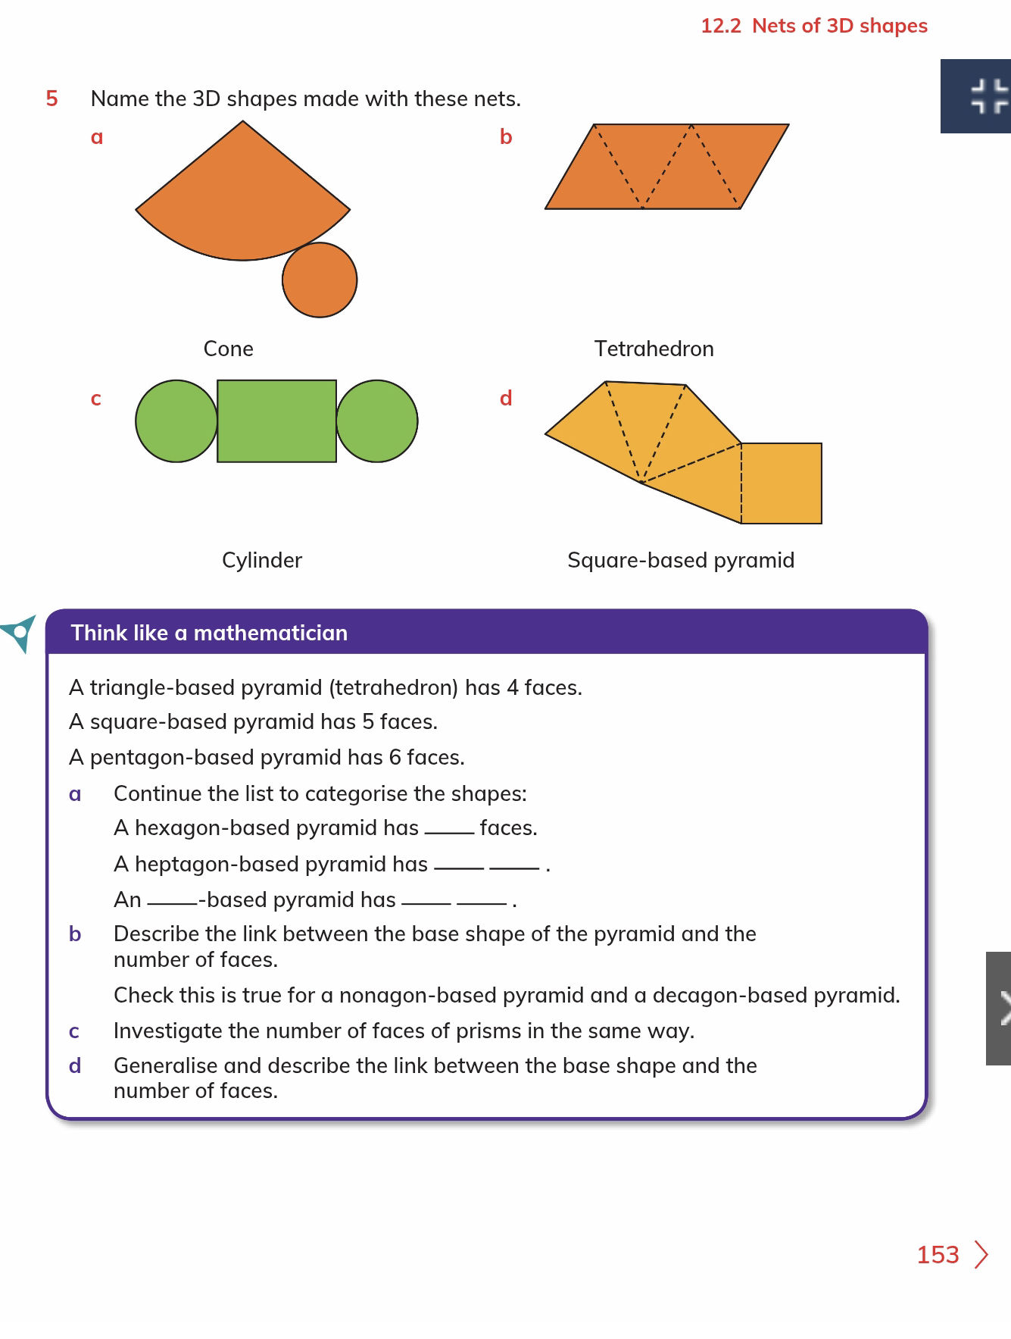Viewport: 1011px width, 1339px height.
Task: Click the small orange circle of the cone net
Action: click(x=320, y=280)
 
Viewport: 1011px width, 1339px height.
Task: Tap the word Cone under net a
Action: click(x=228, y=349)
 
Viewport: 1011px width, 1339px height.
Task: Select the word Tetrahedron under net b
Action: click(x=654, y=349)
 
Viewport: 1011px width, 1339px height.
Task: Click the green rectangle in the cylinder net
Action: click(x=276, y=421)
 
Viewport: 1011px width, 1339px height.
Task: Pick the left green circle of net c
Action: click(x=176, y=421)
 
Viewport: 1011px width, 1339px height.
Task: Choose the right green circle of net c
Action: click(x=377, y=421)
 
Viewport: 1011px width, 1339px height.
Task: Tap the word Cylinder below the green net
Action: click(x=261, y=560)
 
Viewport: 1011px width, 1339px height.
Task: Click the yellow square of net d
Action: click(x=782, y=483)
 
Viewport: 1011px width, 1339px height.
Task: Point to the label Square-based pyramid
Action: click(x=680, y=560)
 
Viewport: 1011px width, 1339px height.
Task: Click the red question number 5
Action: click(x=51, y=99)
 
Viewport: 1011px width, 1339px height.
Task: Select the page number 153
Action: click(x=938, y=1255)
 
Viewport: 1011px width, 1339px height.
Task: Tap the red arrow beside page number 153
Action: click(x=981, y=1255)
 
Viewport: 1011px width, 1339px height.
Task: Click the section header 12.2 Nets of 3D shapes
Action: click(x=813, y=26)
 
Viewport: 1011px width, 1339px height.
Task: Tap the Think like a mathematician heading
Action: click(x=209, y=633)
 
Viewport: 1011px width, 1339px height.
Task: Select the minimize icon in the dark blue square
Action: click(x=988, y=96)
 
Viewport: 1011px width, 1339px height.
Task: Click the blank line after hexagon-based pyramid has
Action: click(x=449, y=831)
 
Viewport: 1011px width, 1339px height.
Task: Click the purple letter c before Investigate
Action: click(x=74, y=1031)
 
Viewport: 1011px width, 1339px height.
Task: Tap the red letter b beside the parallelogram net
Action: click(x=506, y=137)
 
